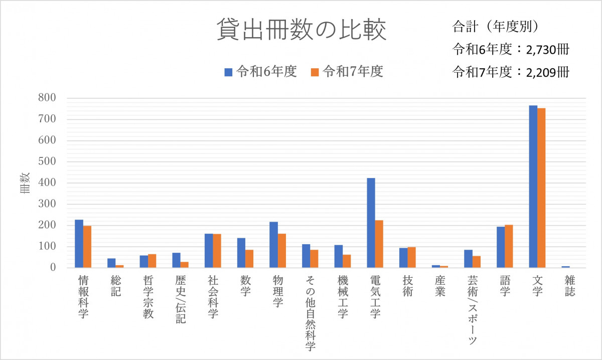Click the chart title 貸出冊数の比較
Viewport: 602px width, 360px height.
point(302,31)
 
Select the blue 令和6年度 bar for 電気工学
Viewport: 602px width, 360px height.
point(371,223)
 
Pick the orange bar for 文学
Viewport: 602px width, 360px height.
point(541,188)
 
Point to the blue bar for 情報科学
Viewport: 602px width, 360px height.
point(79,244)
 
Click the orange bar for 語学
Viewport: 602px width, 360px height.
point(509,246)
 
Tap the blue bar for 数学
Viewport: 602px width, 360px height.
point(241,253)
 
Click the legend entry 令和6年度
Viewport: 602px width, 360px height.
point(261,72)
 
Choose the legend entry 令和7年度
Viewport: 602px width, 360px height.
point(347,72)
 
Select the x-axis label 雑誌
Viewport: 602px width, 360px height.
point(569,285)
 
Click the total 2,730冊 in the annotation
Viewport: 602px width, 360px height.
point(547,50)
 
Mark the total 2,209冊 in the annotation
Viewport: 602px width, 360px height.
point(547,72)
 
